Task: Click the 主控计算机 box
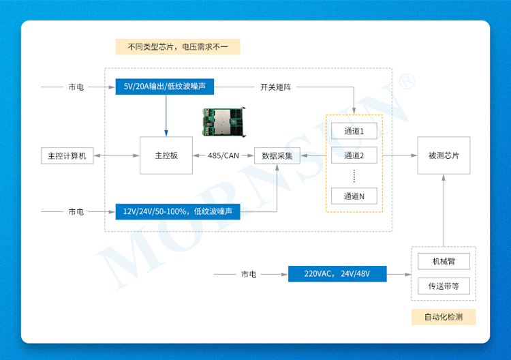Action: pyautogui.click(x=67, y=155)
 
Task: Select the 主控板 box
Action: pyautogui.click(x=166, y=155)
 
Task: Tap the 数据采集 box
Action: pyautogui.click(x=277, y=155)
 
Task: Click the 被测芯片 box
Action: pyautogui.click(x=444, y=155)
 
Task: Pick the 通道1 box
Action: pyautogui.click(x=354, y=130)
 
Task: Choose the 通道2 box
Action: pyautogui.click(x=354, y=156)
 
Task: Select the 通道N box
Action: pyautogui.click(x=354, y=196)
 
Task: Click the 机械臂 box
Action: pyautogui.click(x=444, y=262)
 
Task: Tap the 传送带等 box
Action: pyautogui.click(x=444, y=286)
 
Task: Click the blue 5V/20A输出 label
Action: pyautogui.click(x=166, y=87)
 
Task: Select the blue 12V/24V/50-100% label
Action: pyautogui.click(x=177, y=212)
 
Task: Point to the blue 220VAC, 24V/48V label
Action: pyautogui.click(x=337, y=274)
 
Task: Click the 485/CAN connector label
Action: pyautogui.click(x=223, y=155)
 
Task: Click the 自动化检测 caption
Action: pyautogui.click(x=444, y=317)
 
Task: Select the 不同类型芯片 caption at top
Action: pyautogui.click(x=177, y=47)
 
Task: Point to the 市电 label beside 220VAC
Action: pyautogui.click(x=249, y=274)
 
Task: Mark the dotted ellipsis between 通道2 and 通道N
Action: pyautogui.click(x=354, y=176)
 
